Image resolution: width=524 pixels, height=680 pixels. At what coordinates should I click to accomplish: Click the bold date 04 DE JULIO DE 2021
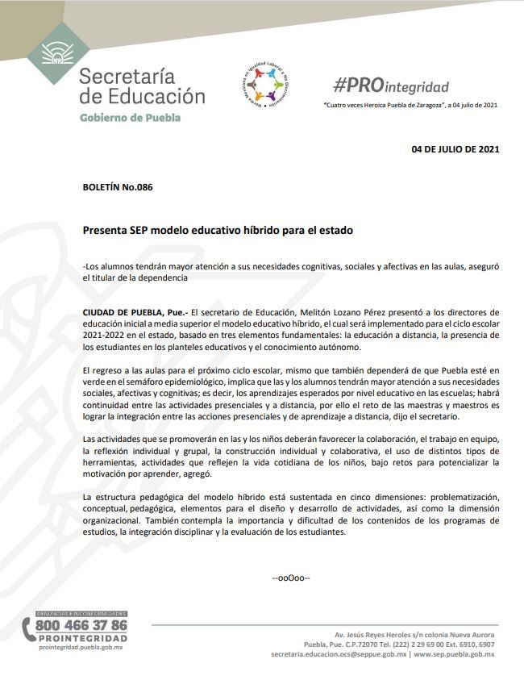click(x=455, y=149)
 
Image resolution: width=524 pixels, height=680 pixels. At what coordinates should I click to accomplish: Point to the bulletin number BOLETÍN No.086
click(x=118, y=187)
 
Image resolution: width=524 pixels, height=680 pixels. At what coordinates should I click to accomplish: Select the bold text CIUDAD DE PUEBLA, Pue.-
click(x=135, y=311)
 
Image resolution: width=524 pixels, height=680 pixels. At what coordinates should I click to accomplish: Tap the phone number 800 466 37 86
click(x=81, y=624)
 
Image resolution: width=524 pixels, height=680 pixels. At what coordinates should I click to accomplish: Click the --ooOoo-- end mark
click(x=291, y=578)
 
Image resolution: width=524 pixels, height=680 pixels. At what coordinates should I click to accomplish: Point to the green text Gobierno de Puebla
click(x=130, y=117)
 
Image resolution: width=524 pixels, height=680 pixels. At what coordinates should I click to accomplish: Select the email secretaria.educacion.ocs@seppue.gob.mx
click(x=339, y=654)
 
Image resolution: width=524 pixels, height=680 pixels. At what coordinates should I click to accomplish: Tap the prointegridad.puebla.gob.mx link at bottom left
click(x=81, y=647)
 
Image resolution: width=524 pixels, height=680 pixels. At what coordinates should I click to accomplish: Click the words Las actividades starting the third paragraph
click(x=113, y=437)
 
